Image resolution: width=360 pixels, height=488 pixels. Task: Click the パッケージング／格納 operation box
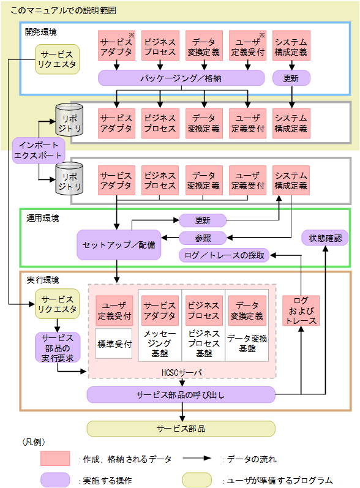181,78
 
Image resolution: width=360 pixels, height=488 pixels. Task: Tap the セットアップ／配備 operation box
119,244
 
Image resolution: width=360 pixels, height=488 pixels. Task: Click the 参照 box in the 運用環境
203,238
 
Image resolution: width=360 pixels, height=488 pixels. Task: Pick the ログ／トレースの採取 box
224,255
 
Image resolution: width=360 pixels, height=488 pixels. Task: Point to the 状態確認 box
325,238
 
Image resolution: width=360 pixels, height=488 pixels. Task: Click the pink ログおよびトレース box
301,310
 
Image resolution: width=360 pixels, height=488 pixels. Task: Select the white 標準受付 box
114,344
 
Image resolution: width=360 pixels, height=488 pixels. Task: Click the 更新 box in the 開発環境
291,78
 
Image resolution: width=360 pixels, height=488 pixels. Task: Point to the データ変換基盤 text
247,343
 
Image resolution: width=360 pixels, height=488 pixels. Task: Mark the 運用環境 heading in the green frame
42,217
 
